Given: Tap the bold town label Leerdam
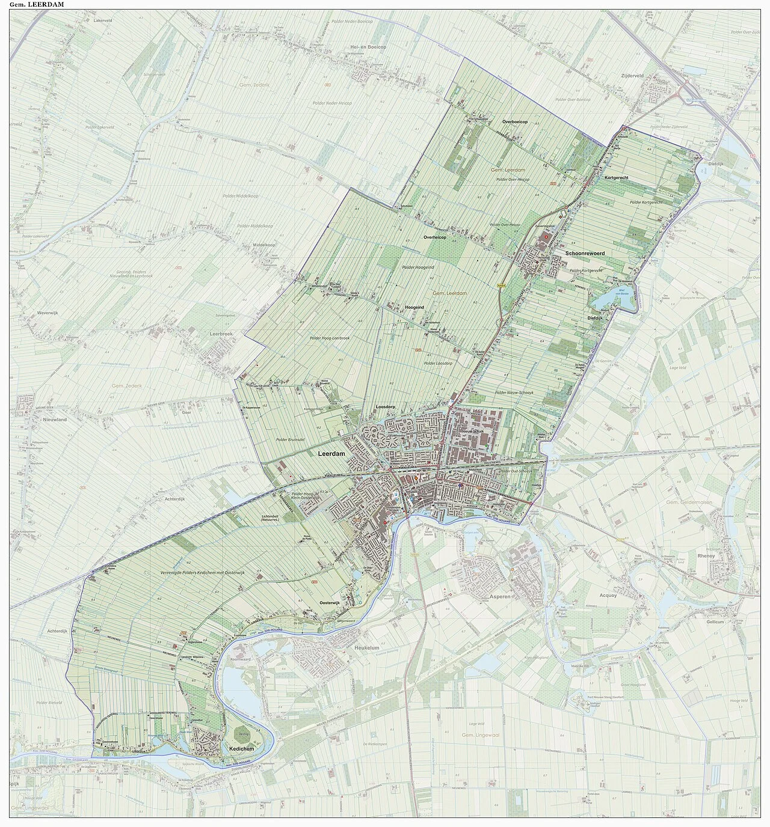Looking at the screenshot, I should point(331,454).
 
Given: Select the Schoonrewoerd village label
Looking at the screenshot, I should point(584,254).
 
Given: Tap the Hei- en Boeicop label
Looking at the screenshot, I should point(368,46).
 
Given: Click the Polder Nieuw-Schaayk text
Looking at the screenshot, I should point(514,392).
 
